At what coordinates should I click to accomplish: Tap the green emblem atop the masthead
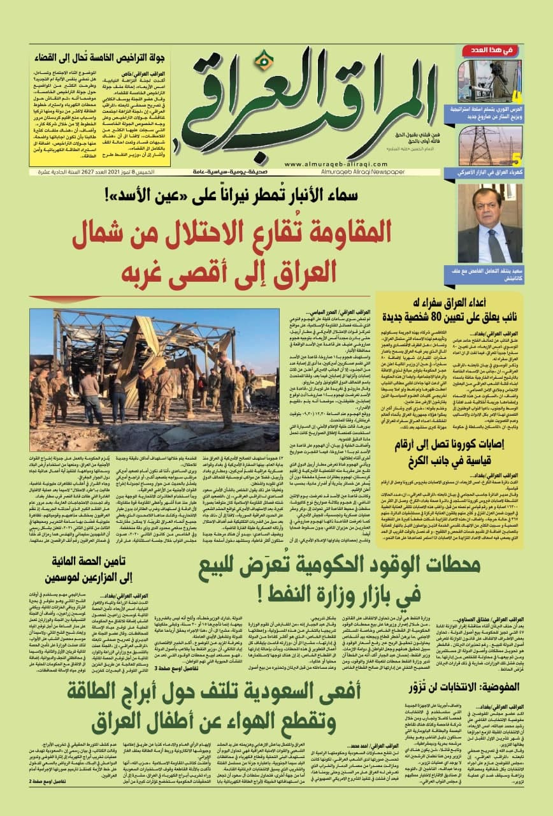point(260,61)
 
